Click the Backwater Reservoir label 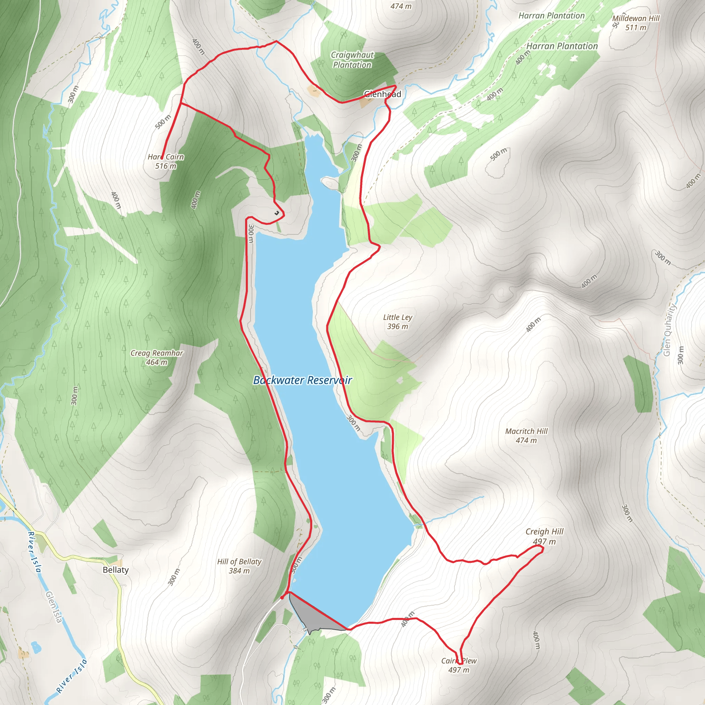tap(303, 380)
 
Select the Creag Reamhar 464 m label tap(157, 358)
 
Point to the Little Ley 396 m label tap(397, 322)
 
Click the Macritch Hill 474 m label tap(526, 436)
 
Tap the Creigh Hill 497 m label tap(545, 536)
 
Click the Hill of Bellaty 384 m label tap(239, 566)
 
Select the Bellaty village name tap(116, 570)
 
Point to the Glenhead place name tap(382, 94)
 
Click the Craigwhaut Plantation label tap(352, 60)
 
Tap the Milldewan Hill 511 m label tap(636, 23)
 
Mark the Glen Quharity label tap(668, 330)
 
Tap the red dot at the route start tap(282, 598)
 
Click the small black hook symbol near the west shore tap(277, 212)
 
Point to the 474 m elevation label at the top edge tap(401, 6)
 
